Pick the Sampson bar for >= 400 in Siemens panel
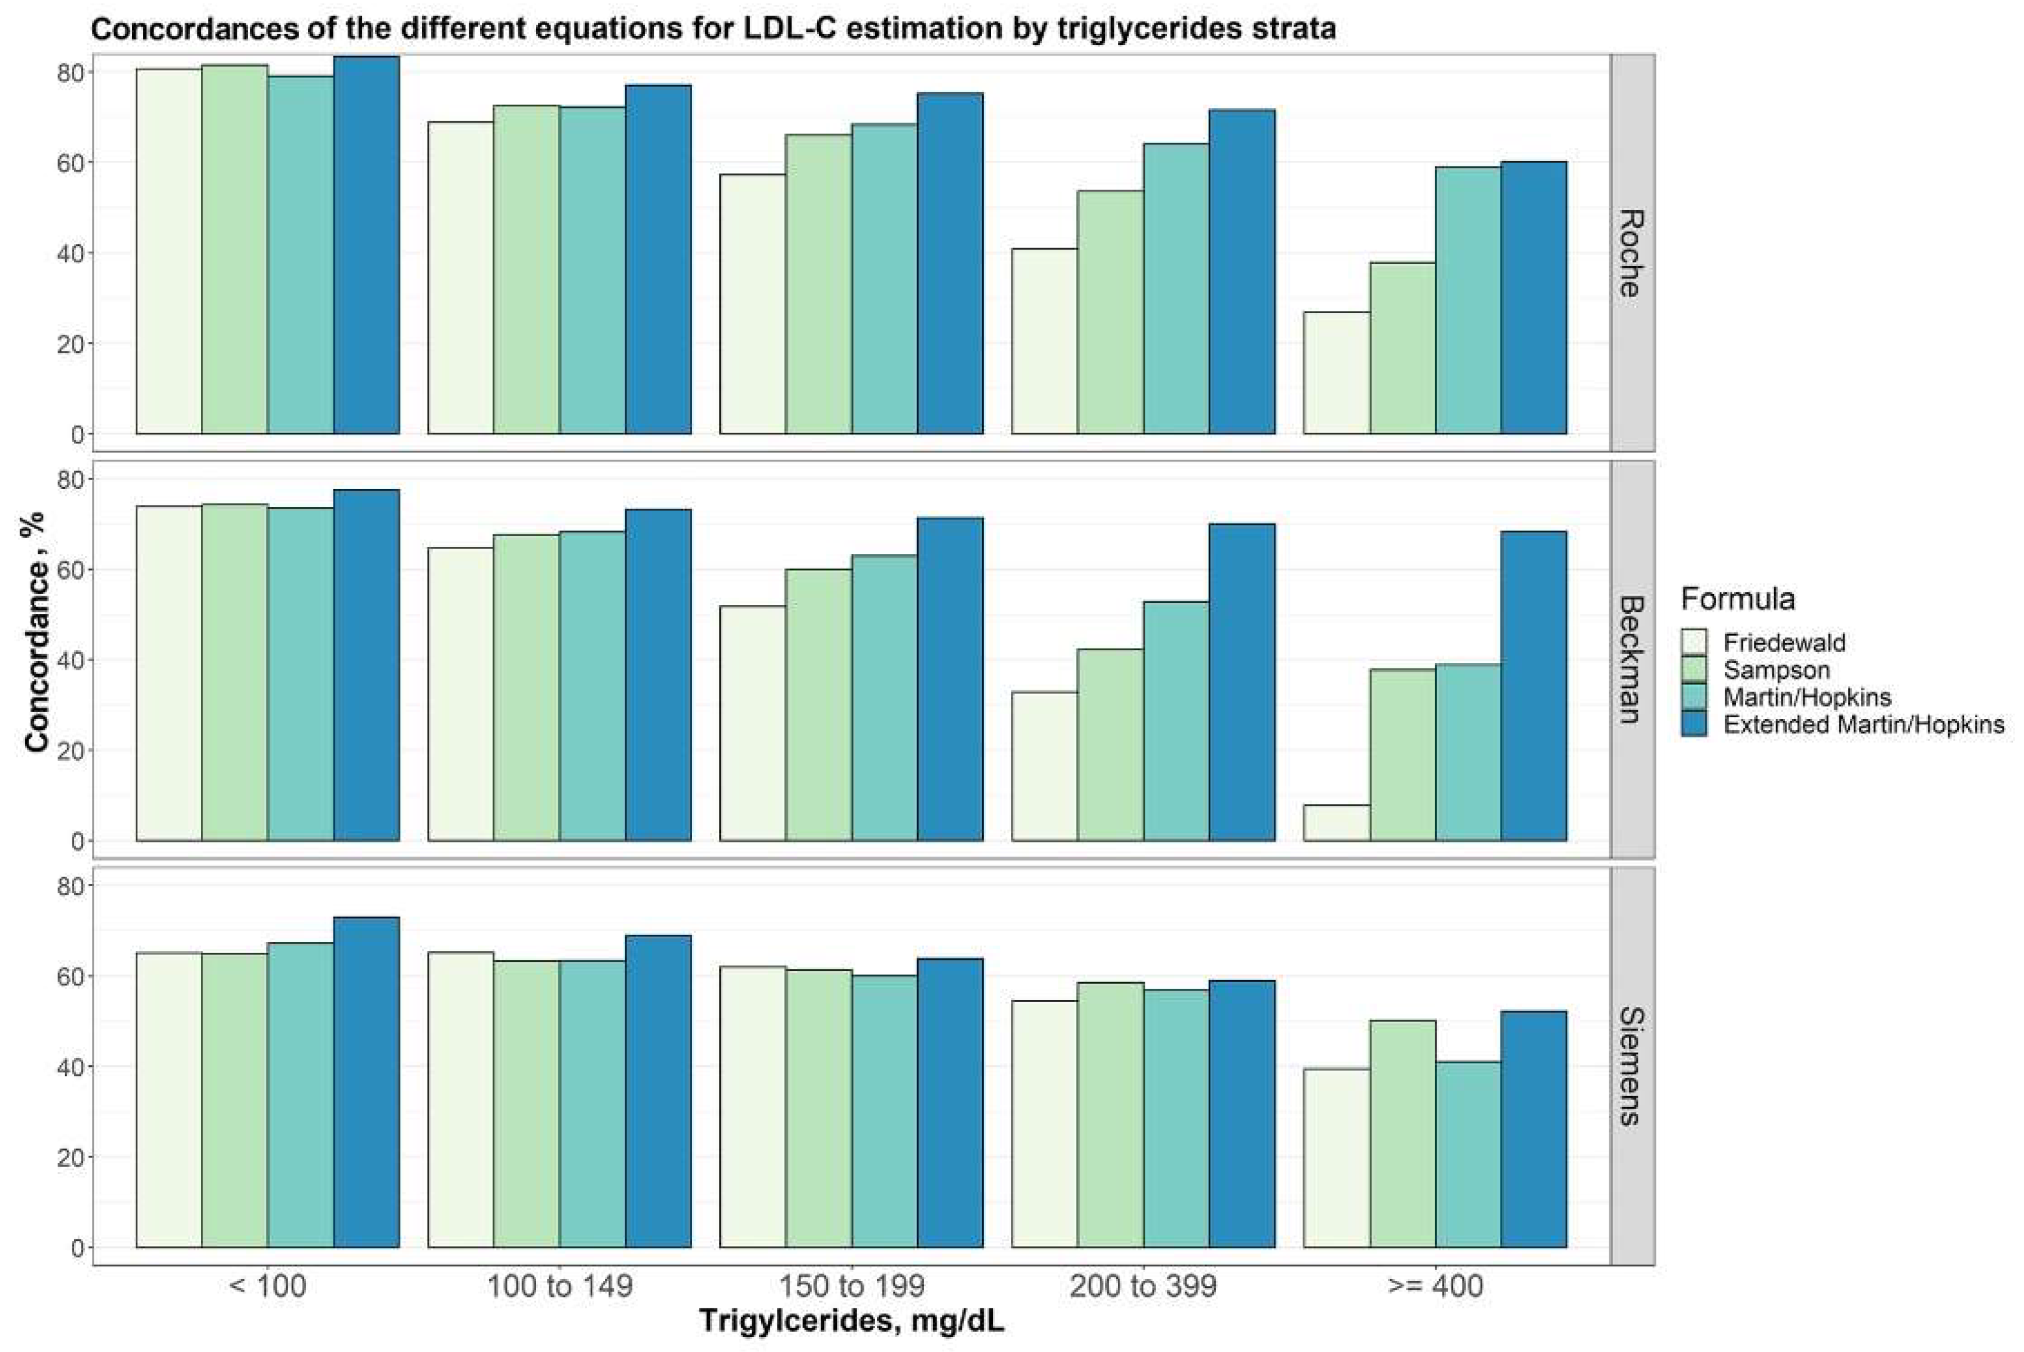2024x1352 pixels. click(1402, 1134)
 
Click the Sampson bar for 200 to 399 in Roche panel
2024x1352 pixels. click(1110, 312)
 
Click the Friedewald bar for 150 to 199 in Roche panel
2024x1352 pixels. click(752, 304)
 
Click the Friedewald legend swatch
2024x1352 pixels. click(1695, 643)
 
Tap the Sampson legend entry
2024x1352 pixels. click(1776, 670)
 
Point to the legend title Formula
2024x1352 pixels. click(1738, 598)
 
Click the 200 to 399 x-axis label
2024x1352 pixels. click(1143, 1286)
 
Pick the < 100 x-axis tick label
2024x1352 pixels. click(267, 1286)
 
